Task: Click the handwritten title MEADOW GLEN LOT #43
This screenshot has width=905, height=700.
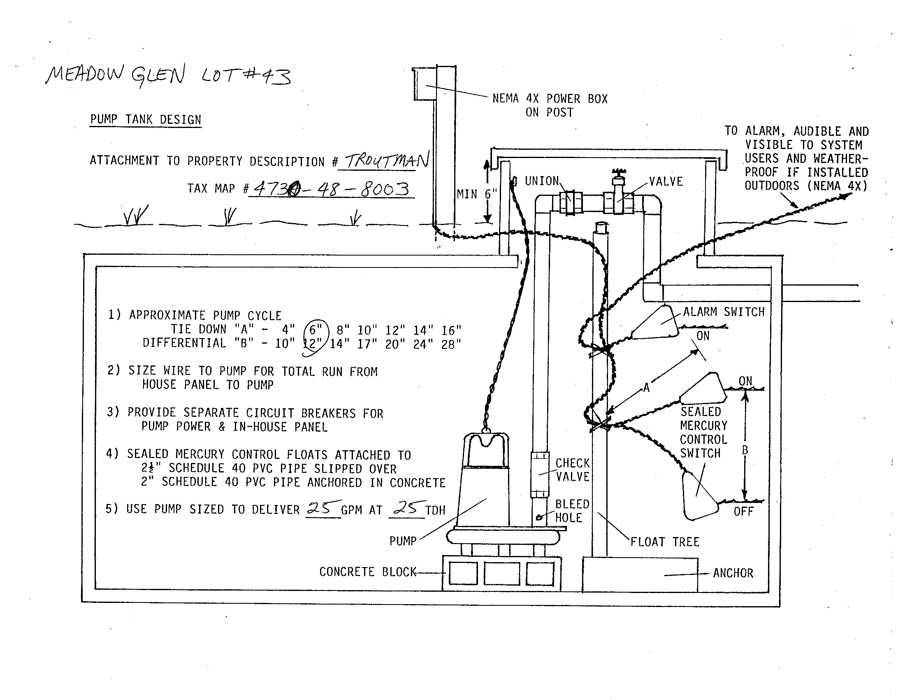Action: (168, 76)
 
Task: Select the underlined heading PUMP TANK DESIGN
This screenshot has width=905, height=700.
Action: (146, 120)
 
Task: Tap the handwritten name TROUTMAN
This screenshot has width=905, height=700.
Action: (387, 160)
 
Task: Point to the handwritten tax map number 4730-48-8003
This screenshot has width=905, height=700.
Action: (331, 189)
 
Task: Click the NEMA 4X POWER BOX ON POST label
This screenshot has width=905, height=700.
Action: (550, 105)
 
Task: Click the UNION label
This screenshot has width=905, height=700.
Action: (542, 181)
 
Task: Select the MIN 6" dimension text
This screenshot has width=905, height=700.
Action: (476, 194)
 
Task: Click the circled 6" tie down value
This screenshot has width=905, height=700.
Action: (316, 330)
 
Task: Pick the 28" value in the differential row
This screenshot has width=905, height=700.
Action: (451, 344)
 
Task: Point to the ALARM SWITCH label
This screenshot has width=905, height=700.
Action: (724, 312)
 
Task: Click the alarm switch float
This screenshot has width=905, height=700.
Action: (657, 323)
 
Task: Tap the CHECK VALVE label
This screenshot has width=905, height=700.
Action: (572, 470)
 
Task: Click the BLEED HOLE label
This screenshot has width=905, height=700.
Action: (571, 511)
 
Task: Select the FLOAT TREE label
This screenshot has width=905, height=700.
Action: (665, 542)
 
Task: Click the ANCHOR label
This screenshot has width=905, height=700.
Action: (733, 573)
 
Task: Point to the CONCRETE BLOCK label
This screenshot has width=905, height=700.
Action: (367, 572)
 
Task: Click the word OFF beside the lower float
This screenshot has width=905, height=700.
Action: (743, 511)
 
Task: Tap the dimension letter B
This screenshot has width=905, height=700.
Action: (745, 450)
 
